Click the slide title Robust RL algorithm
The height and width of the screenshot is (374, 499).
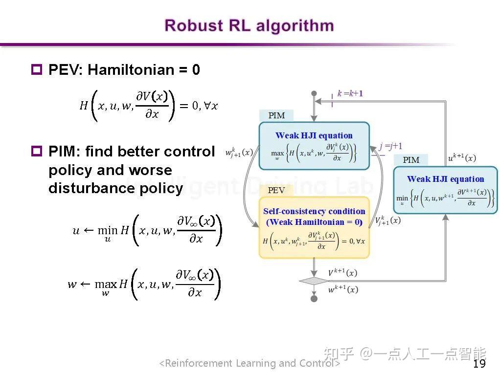pyautogui.click(x=249, y=25)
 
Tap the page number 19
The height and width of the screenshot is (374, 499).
pyautogui.click(x=479, y=364)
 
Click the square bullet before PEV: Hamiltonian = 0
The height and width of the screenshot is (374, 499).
pyautogui.click(x=37, y=69)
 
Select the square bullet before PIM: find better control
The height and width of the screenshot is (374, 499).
pyautogui.click(x=37, y=151)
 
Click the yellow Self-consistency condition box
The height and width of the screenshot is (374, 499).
pyautogui.click(x=314, y=227)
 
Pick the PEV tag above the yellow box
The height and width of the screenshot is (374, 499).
pyautogui.click(x=276, y=190)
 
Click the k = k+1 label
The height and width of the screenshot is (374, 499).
pyautogui.click(x=350, y=93)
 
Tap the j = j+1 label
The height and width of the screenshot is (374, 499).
pyautogui.click(x=391, y=146)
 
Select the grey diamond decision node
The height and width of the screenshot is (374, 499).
pyautogui.click(x=314, y=281)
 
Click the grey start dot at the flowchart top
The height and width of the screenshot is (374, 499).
pyautogui.click(x=314, y=93)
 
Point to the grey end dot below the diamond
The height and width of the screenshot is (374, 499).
pyautogui.click(x=314, y=298)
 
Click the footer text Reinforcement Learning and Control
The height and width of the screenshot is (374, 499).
pyautogui.click(x=249, y=363)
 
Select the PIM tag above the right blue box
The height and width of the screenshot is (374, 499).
pyautogui.click(x=411, y=160)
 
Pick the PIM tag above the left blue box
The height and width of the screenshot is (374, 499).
pyautogui.click(x=276, y=115)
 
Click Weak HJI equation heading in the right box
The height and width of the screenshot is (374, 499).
pyautogui.click(x=445, y=179)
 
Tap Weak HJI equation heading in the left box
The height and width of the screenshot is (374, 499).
pyautogui.click(x=314, y=135)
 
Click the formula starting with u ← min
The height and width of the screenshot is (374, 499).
pyautogui.click(x=147, y=229)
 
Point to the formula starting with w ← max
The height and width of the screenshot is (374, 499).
pyautogui.click(x=145, y=284)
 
